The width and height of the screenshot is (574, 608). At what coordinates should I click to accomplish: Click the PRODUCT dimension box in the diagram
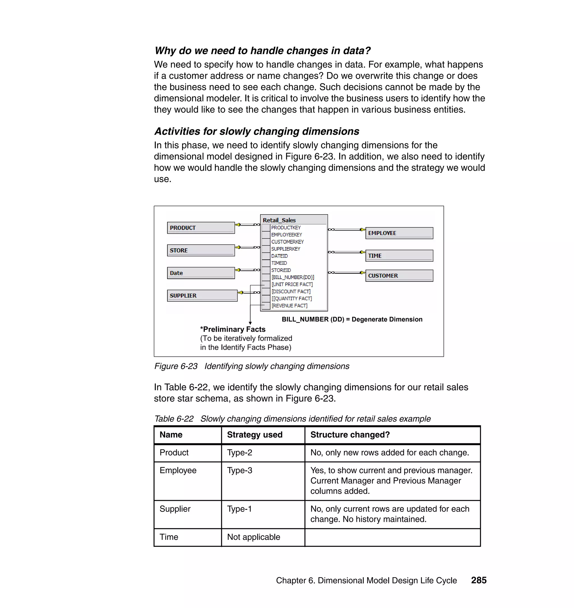coord(201,228)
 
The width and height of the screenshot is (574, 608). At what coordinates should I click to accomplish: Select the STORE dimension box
coord(201,250)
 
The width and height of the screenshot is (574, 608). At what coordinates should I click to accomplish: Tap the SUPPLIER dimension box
coord(202,296)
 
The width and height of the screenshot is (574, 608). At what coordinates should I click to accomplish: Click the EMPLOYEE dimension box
coord(399,233)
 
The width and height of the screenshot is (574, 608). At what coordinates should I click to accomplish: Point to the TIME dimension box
coord(399,256)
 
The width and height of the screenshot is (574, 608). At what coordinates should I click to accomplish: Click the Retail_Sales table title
coord(279,220)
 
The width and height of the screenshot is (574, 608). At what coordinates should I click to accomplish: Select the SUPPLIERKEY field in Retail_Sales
coord(286,249)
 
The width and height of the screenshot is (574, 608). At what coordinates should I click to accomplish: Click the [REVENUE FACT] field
coord(290,305)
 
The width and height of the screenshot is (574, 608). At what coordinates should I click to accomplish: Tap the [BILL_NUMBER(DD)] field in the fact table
coord(293,277)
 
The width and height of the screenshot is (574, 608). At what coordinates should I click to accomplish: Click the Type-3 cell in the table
coord(240,470)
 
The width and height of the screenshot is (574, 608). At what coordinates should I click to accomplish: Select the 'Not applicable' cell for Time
coord(253,537)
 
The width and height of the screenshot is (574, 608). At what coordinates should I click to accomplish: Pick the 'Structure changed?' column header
coord(350,435)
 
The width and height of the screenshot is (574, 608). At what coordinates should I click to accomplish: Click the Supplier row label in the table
coord(175,509)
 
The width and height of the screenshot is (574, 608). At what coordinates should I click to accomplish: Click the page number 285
coord(478,580)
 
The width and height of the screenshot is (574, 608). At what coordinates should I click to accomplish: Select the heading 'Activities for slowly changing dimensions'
coord(256,131)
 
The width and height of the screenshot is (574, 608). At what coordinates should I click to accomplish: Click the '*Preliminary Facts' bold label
coord(233,330)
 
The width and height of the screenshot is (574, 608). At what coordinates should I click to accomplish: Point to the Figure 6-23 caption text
coord(251,366)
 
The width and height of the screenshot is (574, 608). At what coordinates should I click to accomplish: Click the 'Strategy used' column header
coord(254,435)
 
